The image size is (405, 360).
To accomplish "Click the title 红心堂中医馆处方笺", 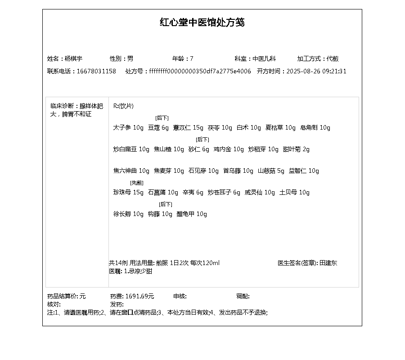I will (x=202, y=22).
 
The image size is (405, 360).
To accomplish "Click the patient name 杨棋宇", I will (x=73, y=58).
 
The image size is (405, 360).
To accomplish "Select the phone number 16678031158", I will (x=96, y=71).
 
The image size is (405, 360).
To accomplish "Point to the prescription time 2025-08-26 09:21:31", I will (x=316, y=71).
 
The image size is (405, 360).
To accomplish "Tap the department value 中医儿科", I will (x=264, y=58).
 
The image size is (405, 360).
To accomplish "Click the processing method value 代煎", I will (x=333, y=58).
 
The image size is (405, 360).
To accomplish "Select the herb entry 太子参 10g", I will (x=128, y=127).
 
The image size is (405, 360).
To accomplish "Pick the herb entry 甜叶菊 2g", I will (x=296, y=149).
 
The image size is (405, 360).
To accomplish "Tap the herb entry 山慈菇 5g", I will (x=271, y=171).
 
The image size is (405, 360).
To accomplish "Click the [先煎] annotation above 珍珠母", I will (x=137, y=183).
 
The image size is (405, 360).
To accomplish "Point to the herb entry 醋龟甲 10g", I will (x=192, y=214).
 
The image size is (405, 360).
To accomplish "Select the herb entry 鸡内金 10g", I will (x=229, y=149).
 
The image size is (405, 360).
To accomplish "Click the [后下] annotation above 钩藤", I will (x=166, y=204).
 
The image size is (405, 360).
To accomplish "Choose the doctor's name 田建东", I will (x=328, y=263).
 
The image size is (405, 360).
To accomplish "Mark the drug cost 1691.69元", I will (x=139, y=296).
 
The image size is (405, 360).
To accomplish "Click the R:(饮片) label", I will (x=123, y=106).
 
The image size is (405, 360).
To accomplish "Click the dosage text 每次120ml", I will (x=205, y=263).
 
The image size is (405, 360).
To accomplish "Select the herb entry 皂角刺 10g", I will (x=315, y=127).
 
